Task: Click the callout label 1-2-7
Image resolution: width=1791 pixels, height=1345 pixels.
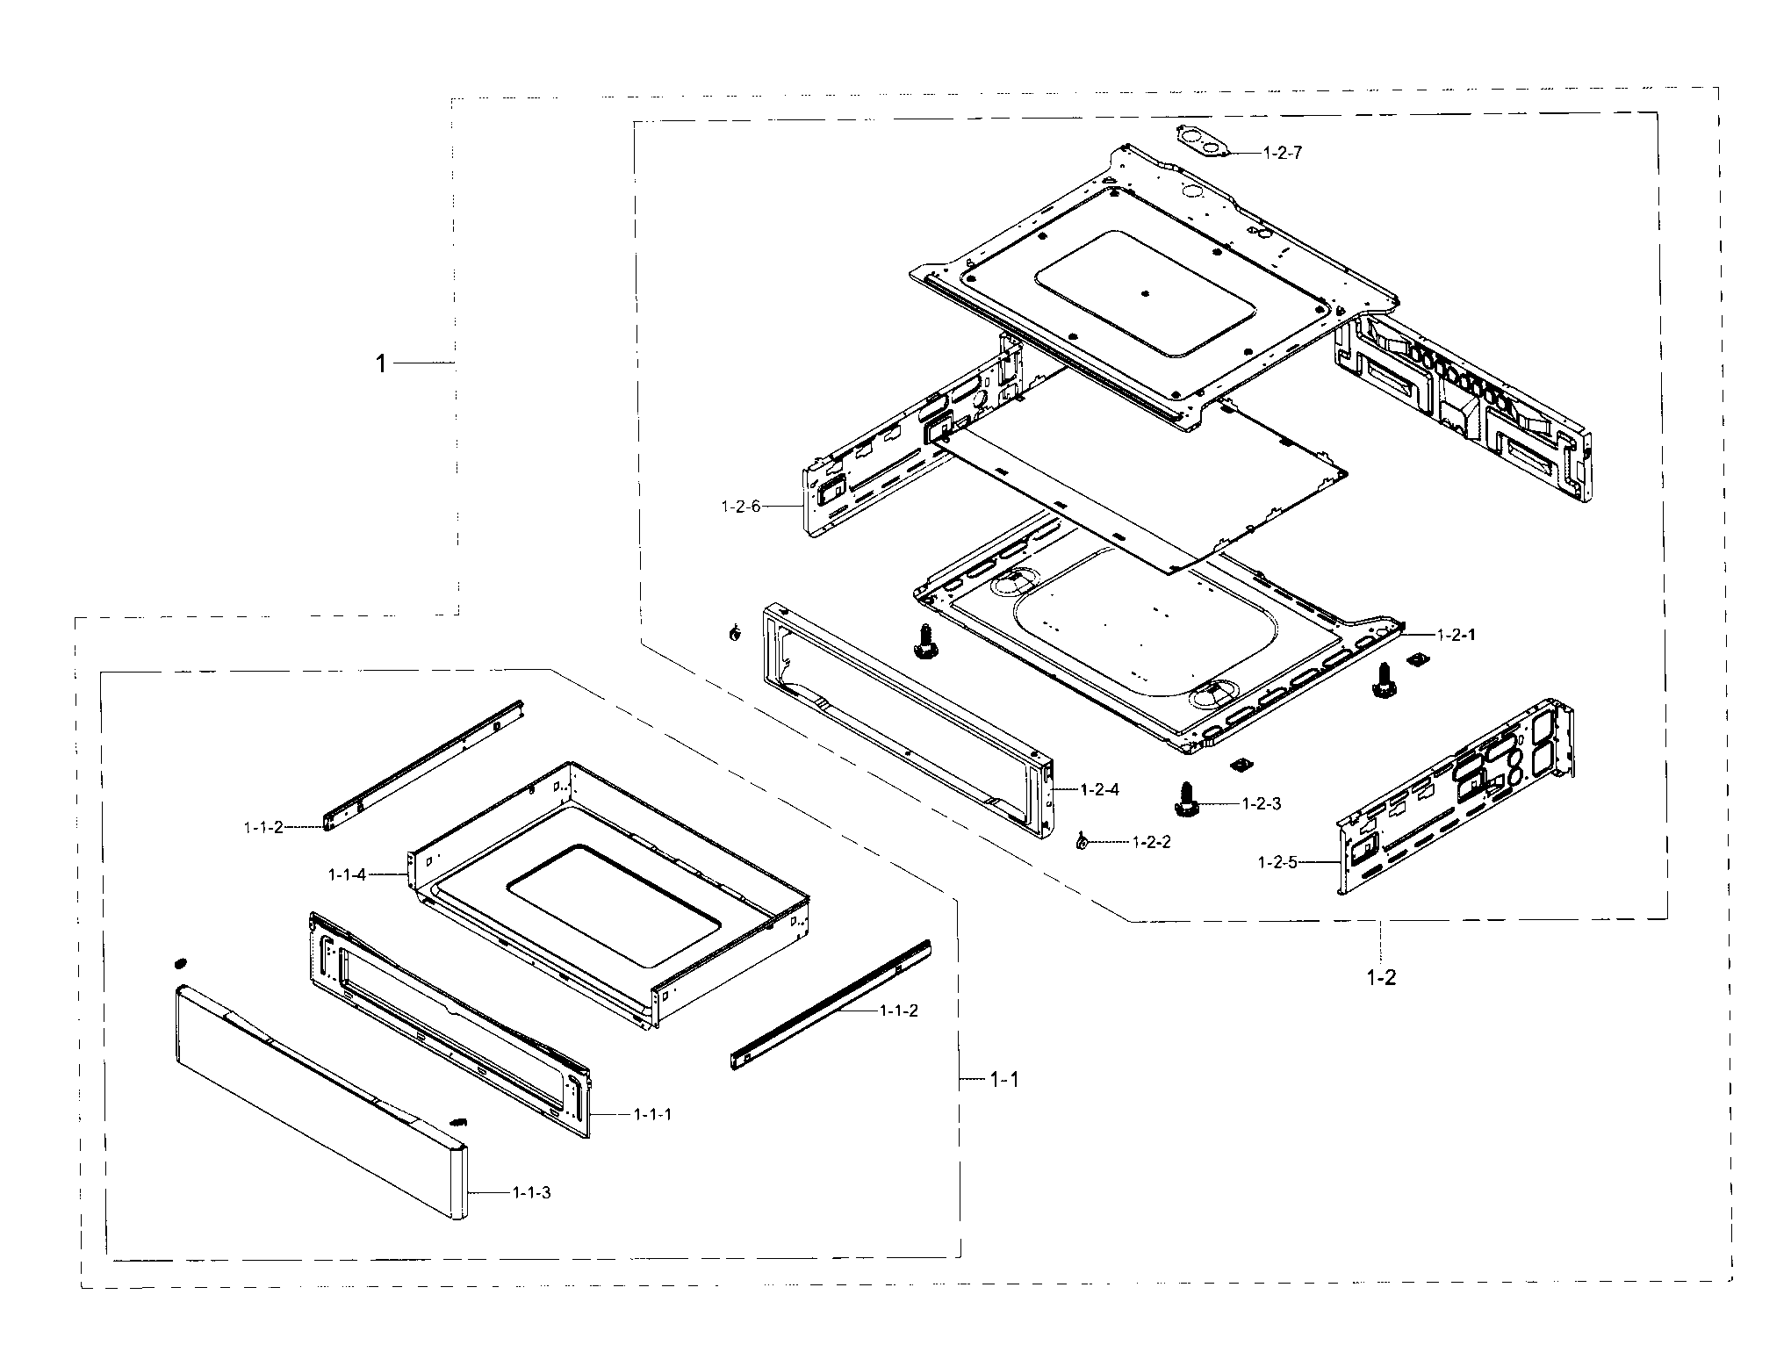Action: point(1283,153)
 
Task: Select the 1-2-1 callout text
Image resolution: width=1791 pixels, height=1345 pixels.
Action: point(1456,658)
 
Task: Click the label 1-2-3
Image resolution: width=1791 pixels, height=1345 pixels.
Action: point(1262,803)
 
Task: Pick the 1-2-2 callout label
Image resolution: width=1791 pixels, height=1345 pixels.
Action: point(1151,842)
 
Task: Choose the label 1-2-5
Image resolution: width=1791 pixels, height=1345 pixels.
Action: point(1277,862)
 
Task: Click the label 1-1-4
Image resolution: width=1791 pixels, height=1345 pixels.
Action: point(347,874)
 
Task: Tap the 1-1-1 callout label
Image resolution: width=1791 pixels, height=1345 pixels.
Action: point(652,1114)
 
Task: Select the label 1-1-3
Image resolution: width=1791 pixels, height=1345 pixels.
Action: point(531,1193)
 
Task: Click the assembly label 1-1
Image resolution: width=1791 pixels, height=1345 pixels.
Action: point(1004,1080)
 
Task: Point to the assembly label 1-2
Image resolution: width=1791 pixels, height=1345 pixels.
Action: point(1380,977)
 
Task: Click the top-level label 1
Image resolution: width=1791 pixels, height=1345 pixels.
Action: point(381,363)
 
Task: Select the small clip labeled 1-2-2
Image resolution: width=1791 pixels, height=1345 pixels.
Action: point(1081,843)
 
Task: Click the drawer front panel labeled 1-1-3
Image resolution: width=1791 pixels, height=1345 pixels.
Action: point(316,1106)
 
